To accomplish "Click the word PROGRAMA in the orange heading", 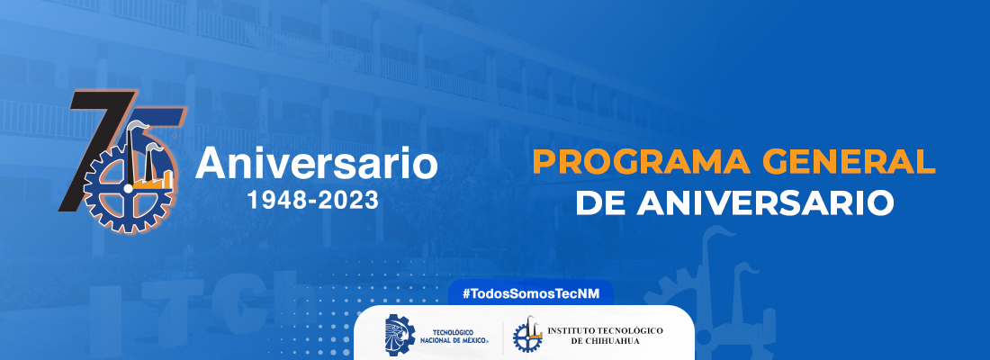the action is click(x=641, y=162).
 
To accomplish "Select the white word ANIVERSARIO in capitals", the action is click(x=765, y=203).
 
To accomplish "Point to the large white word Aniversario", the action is click(x=316, y=163).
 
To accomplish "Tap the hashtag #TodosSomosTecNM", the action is click(x=530, y=293).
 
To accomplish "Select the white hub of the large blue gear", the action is click(x=129, y=188).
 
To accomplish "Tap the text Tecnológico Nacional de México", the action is click(x=460, y=336).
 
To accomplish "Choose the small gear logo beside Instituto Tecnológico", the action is click(x=527, y=335).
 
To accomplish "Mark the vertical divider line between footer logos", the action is click(x=502, y=336).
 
